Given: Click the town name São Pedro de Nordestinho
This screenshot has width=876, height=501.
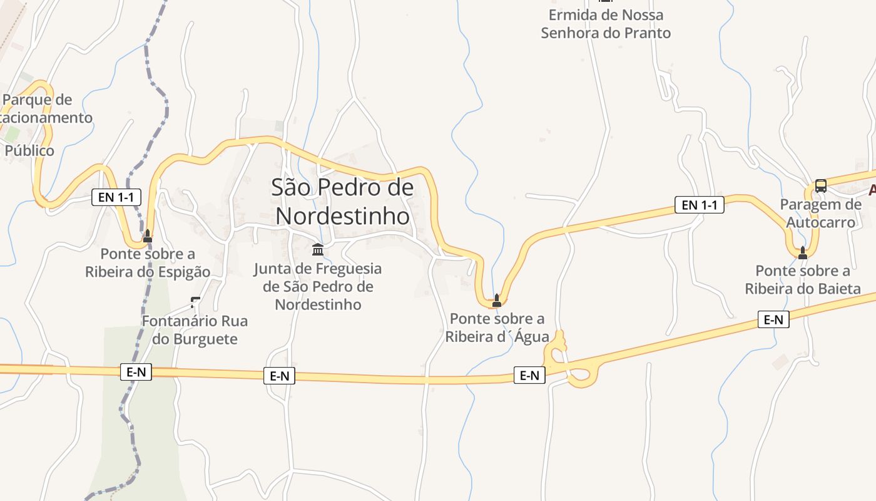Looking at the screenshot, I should pos(342,202).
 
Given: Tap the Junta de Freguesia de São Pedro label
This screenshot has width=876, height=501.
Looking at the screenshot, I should pos(318,287).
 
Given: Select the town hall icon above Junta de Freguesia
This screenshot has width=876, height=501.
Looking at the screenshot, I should pos(318,250).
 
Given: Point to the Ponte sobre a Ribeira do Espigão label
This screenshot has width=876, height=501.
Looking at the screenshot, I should pos(148,263).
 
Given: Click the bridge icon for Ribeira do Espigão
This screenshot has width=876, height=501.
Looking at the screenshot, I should pos(148,235).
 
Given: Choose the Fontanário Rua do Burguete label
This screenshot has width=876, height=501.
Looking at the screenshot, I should pos(195,330).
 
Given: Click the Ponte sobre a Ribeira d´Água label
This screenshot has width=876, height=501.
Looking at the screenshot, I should pos(497,328).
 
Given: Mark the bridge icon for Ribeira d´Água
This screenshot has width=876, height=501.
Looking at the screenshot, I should pos(497,300).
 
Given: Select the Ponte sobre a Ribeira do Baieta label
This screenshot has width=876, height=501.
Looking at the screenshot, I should pos(803,280).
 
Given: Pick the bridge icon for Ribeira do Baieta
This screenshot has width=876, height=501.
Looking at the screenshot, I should pos(803,252).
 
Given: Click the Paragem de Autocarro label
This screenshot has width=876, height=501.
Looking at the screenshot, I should pos(820,214).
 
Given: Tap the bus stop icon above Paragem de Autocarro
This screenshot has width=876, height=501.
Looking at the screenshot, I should pos(820,186).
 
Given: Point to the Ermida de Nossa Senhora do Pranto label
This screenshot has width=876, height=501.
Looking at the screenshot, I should pos(606,24).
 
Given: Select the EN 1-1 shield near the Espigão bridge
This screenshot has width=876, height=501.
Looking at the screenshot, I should pos(116,197).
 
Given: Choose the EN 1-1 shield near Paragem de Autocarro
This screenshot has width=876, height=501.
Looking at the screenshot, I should pos(699,205).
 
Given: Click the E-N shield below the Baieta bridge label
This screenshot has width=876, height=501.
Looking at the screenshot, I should pos(773,319).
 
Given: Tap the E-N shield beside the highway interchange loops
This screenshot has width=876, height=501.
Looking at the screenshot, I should pos(529,375).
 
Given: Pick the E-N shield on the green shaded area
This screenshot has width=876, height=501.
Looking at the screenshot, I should pos(136,372).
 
